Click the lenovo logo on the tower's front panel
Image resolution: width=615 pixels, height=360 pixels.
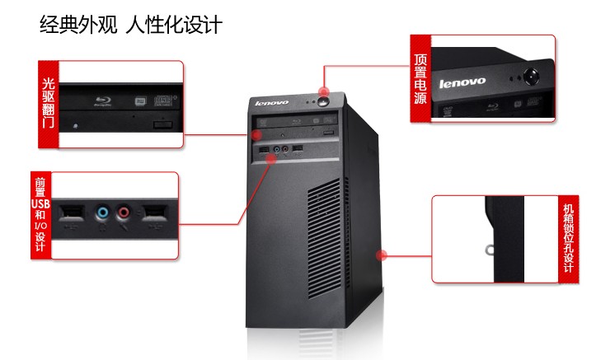[272, 102]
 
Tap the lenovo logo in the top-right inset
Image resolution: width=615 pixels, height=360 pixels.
[462, 82]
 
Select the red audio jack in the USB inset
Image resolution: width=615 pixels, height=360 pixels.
[124, 213]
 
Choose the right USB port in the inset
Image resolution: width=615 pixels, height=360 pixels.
[155, 213]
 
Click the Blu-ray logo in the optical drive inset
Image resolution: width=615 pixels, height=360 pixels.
[104, 101]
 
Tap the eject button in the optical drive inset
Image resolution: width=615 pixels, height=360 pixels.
[164, 123]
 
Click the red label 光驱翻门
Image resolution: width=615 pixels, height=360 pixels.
[48, 105]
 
